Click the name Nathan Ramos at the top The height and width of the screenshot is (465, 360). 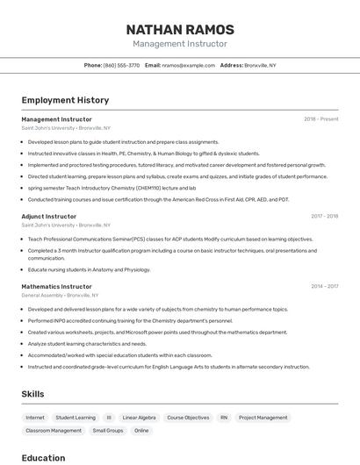click(x=180, y=29)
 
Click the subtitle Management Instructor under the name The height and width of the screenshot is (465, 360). click(x=180, y=44)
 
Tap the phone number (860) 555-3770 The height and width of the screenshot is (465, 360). click(x=121, y=65)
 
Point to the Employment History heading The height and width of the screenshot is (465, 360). click(x=64, y=100)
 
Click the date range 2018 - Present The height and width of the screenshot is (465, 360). click(x=321, y=119)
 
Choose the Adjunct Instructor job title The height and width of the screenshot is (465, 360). click(x=49, y=216)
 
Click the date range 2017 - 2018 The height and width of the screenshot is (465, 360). click(x=324, y=216)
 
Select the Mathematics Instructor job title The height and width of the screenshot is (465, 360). click(x=56, y=286)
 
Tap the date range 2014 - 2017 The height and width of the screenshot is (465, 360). click(x=324, y=286)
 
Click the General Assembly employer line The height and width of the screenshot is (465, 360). click(x=66, y=296)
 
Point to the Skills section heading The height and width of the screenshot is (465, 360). click(x=32, y=394)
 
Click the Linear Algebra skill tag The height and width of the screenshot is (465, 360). click(x=139, y=418)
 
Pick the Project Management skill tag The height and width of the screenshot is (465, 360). click(x=263, y=418)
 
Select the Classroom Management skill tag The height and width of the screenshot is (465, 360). click(x=54, y=431)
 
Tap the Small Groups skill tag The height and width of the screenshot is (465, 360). click(x=108, y=431)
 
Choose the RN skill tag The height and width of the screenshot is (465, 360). click(x=224, y=418)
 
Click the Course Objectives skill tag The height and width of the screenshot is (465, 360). click(x=188, y=418)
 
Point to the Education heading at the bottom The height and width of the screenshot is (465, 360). click(x=43, y=457)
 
